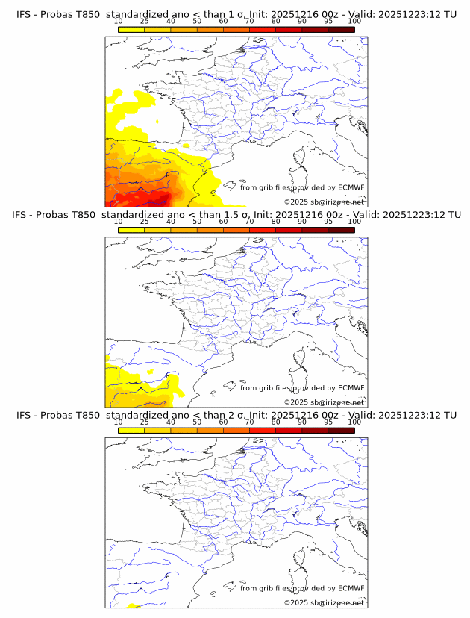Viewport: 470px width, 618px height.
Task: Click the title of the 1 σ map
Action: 236,14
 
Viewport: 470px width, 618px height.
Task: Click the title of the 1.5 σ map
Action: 236,215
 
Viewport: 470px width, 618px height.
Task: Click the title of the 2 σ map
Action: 236,415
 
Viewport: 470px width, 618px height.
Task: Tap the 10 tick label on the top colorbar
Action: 119,22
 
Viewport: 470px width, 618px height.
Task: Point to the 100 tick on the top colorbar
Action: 354,22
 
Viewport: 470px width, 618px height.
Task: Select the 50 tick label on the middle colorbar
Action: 197,222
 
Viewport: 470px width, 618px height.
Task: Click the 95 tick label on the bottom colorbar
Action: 328,422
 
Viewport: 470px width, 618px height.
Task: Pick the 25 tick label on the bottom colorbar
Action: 145,422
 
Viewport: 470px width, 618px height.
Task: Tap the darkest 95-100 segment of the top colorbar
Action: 341,29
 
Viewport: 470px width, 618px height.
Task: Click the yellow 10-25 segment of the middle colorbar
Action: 131,230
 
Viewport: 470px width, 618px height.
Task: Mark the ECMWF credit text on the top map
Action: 302,187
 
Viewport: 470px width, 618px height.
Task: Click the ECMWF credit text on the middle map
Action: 302,387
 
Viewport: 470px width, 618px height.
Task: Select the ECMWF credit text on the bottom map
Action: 302,588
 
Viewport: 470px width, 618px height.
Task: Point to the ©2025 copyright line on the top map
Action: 324,202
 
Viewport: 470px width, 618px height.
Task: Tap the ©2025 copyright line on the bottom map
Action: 324,602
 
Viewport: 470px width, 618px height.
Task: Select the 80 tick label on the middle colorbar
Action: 276,222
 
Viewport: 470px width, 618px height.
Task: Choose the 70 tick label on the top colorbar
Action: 249,22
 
